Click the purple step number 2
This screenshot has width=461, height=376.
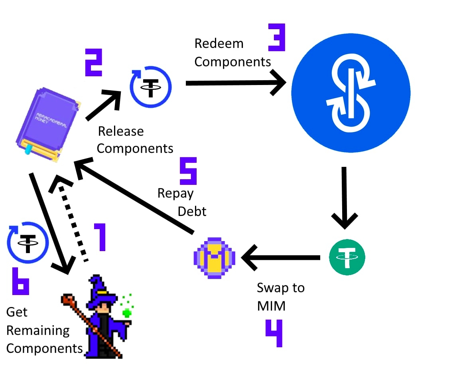pyautogui.click(x=93, y=63)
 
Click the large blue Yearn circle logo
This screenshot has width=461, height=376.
pyautogui.click(x=351, y=92)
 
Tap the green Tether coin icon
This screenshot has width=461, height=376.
pyautogui.click(x=347, y=257)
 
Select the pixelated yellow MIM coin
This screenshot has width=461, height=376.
pyautogui.click(x=214, y=257)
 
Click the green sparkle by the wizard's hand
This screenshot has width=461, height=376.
pyautogui.click(x=128, y=312)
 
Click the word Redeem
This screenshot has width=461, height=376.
pyautogui.click(x=219, y=44)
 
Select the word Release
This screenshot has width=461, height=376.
pyautogui.click(x=121, y=131)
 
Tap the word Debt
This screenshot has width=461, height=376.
pyautogui.click(x=192, y=211)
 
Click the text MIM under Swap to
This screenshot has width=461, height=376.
pyautogui.click(x=271, y=306)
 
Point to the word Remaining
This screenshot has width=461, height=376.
pyautogui.click(x=38, y=330)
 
